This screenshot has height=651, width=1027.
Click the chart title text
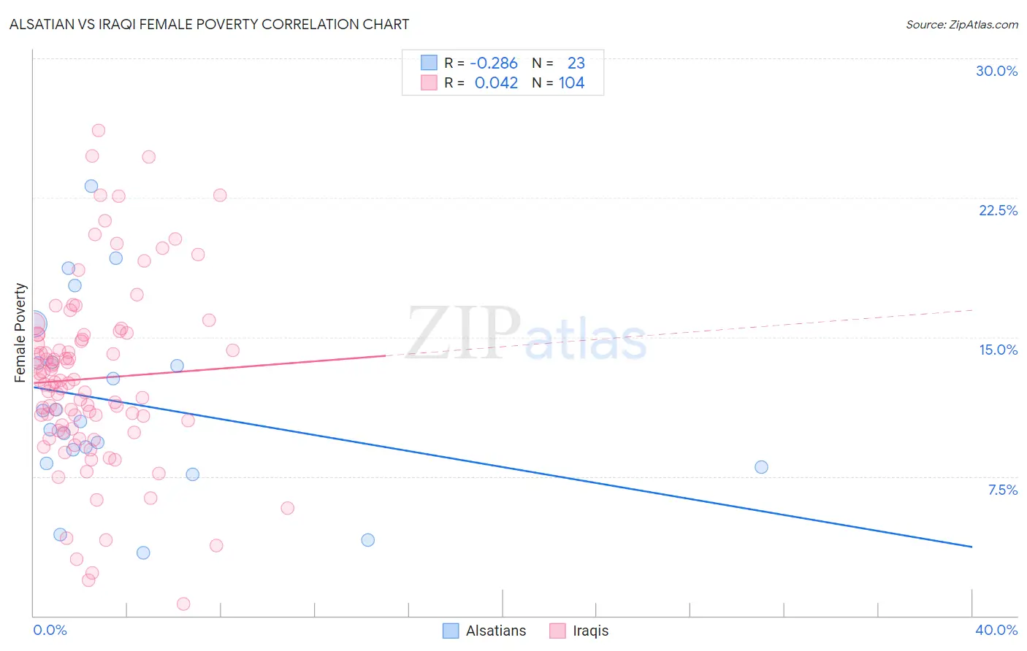(209, 24)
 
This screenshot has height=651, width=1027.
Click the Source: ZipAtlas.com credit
(961, 24)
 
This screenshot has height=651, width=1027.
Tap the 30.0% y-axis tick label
(996, 71)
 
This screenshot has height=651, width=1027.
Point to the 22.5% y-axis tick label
(998, 210)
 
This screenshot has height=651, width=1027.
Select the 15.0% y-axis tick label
(998, 350)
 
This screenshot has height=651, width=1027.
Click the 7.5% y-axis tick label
(1002, 490)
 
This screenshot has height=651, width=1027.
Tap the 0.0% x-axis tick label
(50, 630)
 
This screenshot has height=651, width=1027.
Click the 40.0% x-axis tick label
(996, 630)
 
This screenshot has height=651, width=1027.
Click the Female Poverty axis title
(20, 333)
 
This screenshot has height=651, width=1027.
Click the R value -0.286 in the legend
(494, 63)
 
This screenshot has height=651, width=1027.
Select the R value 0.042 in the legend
(496, 83)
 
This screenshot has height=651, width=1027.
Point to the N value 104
(571, 83)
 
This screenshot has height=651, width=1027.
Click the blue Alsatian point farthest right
(761, 467)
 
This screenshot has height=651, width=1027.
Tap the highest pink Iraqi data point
(99, 131)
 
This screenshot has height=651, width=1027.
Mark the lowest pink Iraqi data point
(183, 604)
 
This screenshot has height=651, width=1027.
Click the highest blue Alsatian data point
(91, 186)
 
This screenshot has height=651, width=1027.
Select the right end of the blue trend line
(971, 547)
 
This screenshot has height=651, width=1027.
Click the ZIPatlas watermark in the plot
(526, 334)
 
